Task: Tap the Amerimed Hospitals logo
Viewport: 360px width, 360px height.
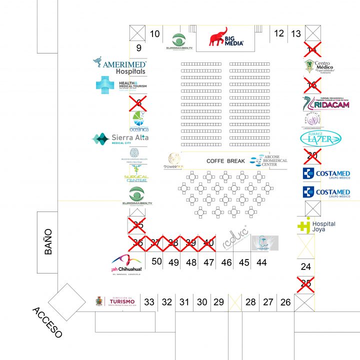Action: click(x=120, y=65)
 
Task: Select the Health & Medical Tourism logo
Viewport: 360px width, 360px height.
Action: click(x=121, y=84)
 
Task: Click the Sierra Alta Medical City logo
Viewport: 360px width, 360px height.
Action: click(x=120, y=138)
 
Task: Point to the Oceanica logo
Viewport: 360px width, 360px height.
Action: click(x=138, y=120)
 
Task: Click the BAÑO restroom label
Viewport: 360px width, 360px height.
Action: click(x=48, y=242)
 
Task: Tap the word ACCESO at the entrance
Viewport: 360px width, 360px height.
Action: click(x=47, y=322)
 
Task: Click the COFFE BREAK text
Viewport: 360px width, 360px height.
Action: click(x=225, y=161)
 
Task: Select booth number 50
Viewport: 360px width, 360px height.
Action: click(x=157, y=261)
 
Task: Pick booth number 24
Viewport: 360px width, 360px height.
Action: click(x=305, y=266)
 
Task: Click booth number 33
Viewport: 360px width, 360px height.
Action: click(x=149, y=302)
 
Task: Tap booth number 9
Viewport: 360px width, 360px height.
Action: click(x=139, y=48)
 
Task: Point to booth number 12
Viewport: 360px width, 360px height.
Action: click(x=279, y=33)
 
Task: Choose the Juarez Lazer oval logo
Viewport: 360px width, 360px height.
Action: click(x=320, y=138)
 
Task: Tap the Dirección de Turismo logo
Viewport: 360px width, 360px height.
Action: click(x=116, y=301)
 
